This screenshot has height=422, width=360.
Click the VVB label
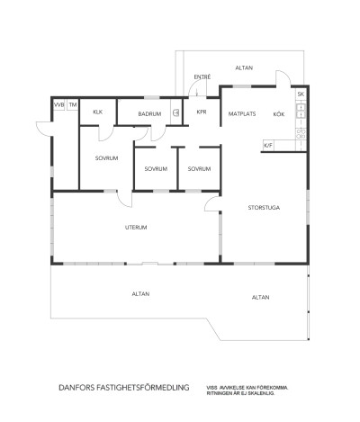click(x=59, y=104)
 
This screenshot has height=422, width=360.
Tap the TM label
click(x=73, y=104)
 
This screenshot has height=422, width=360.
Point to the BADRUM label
click(x=149, y=114)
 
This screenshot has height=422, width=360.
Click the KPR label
click(x=202, y=114)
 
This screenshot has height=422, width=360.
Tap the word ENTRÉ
click(x=202, y=77)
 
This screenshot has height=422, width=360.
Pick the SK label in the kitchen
click(x=301, y=94)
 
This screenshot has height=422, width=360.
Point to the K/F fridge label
click(x=268, y=144)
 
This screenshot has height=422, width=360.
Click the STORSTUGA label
click(x=264, y=208)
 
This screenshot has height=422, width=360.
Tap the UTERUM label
click(x=136, y=228)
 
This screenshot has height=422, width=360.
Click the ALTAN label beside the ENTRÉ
click(x=244, y=67)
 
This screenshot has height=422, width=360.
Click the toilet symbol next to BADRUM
click(x=176, y=113)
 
